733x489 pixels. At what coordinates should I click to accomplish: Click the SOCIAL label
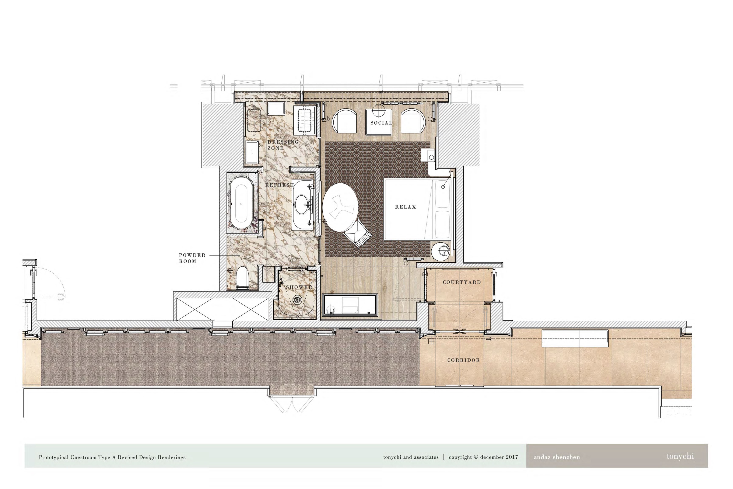tap(381, 123)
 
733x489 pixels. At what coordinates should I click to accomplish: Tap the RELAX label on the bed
tap(406, 207)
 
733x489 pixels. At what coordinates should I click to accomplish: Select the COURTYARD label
tap(462, 282)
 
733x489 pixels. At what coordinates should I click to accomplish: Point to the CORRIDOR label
tap(463, 360)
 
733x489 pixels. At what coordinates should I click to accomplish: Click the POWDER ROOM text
tap(192, 258)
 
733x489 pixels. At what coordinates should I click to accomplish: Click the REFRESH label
tap(280, 185)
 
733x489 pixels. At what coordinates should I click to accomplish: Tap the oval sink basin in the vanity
tap(301, 205)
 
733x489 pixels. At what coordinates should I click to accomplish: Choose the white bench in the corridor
tap(575, 338)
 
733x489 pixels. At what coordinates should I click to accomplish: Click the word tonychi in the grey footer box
tap(680, 456)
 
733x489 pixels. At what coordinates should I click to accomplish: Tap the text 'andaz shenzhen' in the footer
tap(557, 457)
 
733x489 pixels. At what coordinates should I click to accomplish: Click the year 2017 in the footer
tap(512, 457)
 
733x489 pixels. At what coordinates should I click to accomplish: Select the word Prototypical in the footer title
tap(54, 458)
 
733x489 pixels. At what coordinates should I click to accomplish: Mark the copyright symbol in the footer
tap(476, 457)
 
